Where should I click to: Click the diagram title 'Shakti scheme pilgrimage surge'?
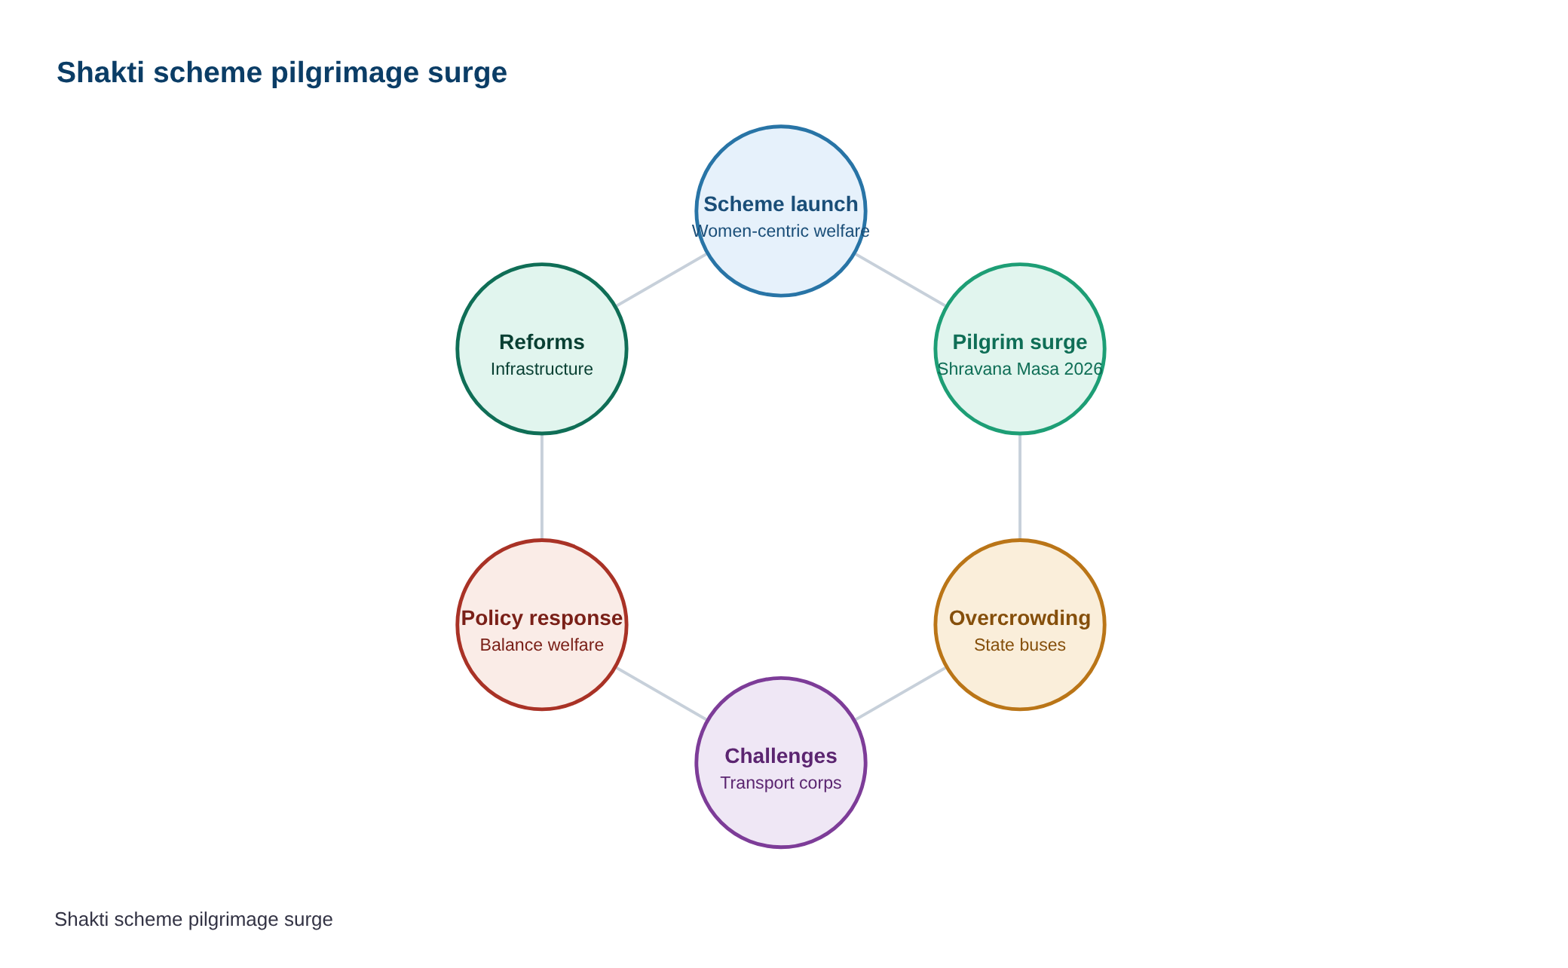click(282, 73)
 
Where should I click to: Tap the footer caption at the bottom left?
click(194, 920)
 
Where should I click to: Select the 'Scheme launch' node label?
click(781, 204)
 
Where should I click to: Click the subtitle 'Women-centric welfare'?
click(781, 231)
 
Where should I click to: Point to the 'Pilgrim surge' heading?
click(1020, 342)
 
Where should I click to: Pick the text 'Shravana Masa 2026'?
click(1020, 369)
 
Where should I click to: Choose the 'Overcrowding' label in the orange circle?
click(1020, 618)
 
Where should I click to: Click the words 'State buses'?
click(1020, 645)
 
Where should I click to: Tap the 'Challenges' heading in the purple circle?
click(781, 756)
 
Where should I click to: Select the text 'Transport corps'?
click(781, 783)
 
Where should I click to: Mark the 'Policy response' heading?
click(542, 618)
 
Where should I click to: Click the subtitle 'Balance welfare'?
click(542, 645)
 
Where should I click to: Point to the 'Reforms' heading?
click(542, 342)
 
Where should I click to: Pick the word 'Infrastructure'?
click(542, 369)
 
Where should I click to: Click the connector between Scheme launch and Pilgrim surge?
click(901, 280)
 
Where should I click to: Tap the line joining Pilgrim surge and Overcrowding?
click(1020, 487)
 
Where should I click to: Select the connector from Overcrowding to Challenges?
click(901, 694)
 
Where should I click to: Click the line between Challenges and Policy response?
click(661, 694)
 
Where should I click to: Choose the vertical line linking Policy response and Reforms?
click(542, 487)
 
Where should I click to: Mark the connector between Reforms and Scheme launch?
click(661, 280)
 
